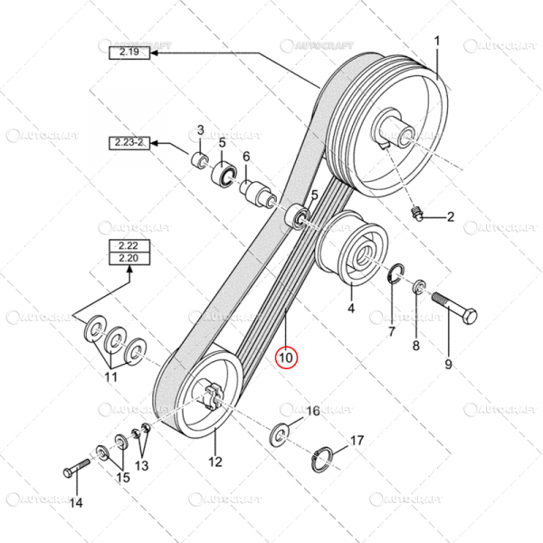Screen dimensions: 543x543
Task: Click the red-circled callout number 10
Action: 286,357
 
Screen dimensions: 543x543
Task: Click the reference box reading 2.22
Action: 126,245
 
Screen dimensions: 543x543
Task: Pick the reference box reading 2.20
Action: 126,258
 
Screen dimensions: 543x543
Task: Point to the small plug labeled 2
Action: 419,214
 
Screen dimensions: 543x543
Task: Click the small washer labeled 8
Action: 420,289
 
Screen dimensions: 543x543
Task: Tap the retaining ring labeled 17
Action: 329,455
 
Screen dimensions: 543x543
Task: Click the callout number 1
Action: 437,41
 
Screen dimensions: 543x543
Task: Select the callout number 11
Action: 111,376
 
